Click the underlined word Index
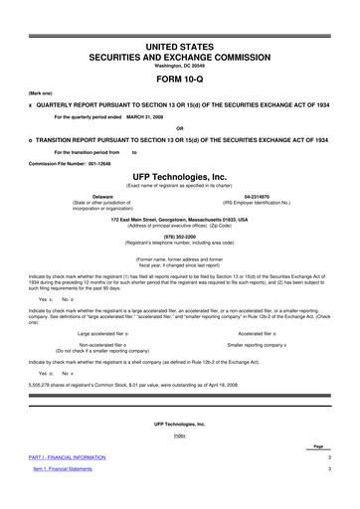179,463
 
